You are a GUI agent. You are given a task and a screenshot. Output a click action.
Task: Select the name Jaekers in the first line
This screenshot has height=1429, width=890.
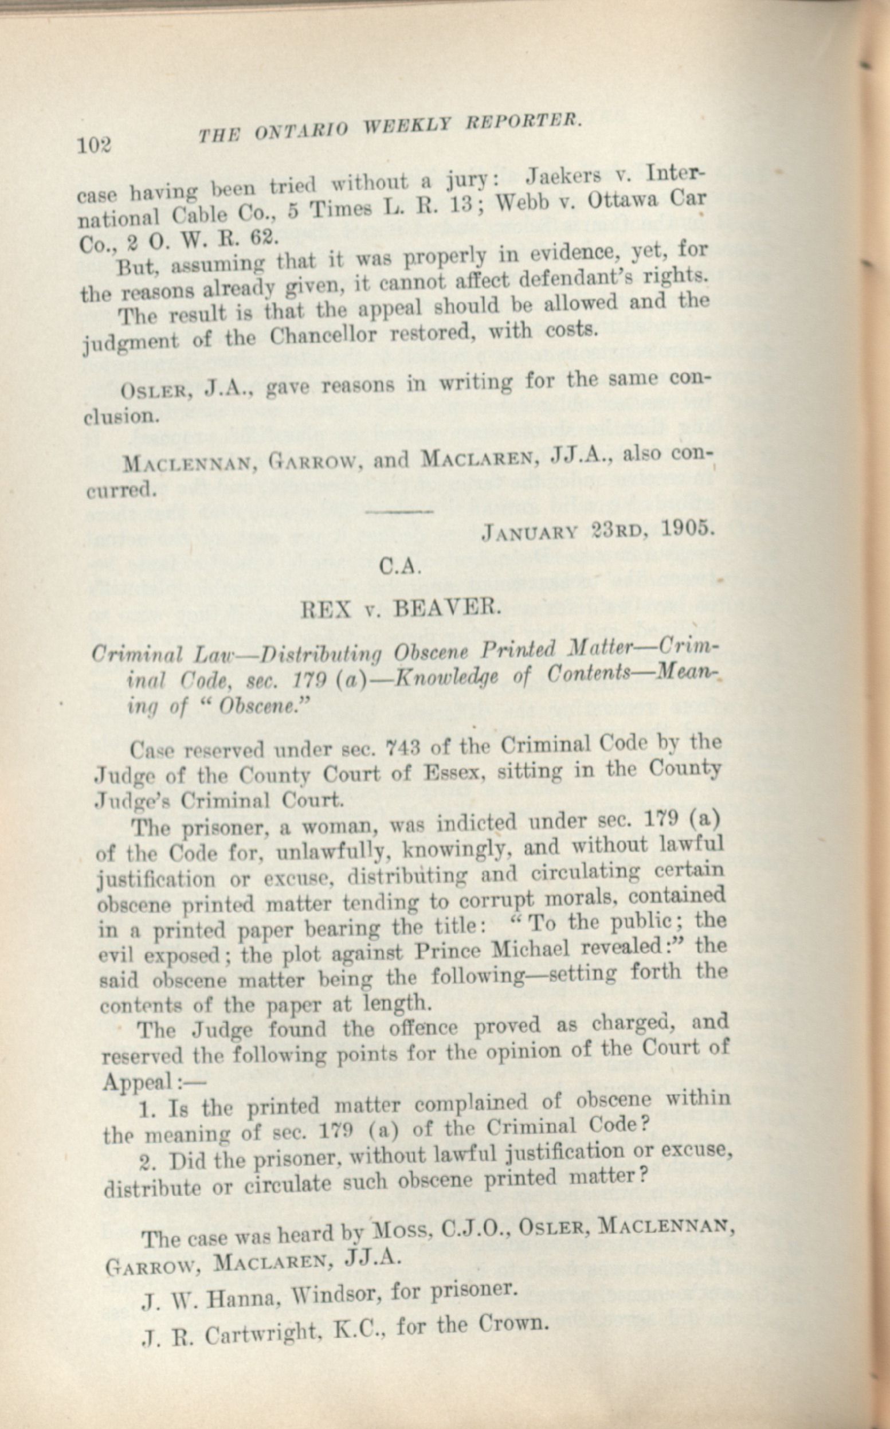[x=563, y=177]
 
